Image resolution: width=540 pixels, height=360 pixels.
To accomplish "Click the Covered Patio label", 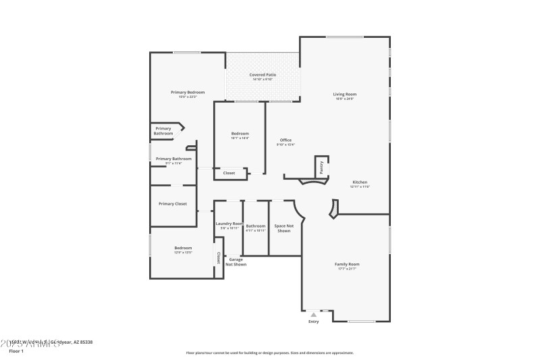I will coord(263,74).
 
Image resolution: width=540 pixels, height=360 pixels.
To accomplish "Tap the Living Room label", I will coord(344,94).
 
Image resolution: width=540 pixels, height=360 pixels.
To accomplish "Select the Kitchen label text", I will coord(360,182).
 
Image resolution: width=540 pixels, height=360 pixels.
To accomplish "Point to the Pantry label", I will coord(321,166).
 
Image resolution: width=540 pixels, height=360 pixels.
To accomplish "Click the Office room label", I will coord(286,140).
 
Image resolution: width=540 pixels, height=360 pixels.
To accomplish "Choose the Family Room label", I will coord(347,264).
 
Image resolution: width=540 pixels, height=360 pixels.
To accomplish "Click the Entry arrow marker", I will coord(313,314).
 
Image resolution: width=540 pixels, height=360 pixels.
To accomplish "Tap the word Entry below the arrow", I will coord(313,322).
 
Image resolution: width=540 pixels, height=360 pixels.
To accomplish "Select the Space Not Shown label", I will coord(283,228).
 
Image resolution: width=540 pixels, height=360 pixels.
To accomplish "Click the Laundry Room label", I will coord(229,224).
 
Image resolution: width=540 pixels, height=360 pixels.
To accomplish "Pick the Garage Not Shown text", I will coord(236,262).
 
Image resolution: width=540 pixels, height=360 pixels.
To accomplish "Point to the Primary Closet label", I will coord(173,203).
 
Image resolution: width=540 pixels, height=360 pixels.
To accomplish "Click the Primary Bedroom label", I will coord(188,92).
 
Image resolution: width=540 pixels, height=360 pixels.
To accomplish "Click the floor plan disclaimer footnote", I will coord(269,353).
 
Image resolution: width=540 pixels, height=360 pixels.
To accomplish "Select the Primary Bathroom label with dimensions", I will coord(169,159).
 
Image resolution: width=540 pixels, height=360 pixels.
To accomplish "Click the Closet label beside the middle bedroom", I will coord(230,173).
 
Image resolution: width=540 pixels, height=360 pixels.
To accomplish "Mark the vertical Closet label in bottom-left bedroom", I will coord(218,258).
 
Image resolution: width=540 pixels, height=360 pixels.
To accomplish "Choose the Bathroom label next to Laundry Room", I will coord(256,226).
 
